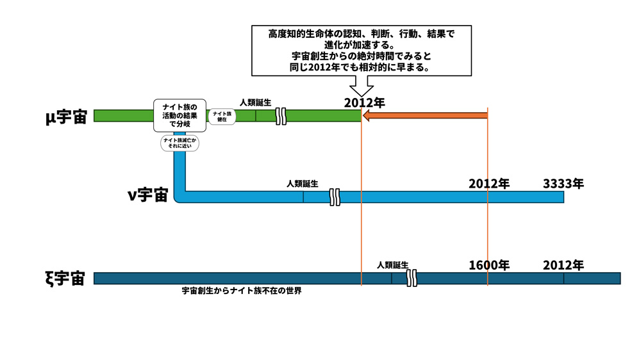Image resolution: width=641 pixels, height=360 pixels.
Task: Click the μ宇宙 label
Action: (x=66, y=117)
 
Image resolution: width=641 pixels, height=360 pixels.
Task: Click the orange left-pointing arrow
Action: (x=424, y=116)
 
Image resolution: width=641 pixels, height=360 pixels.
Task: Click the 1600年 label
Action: (x=489, y=265)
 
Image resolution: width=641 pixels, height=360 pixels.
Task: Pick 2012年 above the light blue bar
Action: (x=489, y=184)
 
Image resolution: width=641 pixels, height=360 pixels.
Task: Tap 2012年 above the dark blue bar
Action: (x=563, y=265)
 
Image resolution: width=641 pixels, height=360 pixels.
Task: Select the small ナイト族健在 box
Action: (x=222, y=116)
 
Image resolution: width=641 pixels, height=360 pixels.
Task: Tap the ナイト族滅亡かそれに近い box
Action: (x=179, y=143)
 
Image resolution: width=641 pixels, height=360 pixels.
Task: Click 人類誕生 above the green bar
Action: (x=256, y=102)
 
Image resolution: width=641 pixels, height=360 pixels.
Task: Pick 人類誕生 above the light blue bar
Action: (x=303, y=184)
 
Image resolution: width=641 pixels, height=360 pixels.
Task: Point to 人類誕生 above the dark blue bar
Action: (x=392, y=265)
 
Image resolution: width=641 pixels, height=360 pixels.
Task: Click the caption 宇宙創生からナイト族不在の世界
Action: (x=242, y=291)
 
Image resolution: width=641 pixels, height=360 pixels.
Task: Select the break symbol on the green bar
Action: (x=281, y=116)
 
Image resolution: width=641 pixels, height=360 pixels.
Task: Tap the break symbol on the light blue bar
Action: (x=334, y=197)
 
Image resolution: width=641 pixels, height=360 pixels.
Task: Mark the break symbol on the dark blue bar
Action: (x=413, y=278)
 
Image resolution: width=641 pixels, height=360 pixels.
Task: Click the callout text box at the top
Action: (x=353, y=50)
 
